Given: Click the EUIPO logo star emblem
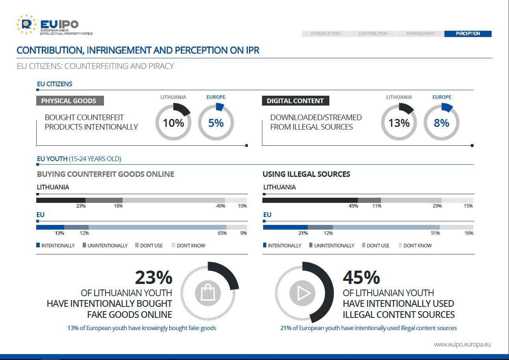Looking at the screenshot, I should point(26,24).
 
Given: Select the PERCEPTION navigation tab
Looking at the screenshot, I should point(468,33).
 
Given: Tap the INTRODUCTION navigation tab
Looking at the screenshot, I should point(325,33).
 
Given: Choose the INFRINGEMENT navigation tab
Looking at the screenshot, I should point(420,33).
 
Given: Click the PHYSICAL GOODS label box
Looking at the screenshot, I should point(70,101).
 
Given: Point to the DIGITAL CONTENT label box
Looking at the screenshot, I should point(295,101).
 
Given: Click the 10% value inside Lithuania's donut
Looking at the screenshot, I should point(173,123).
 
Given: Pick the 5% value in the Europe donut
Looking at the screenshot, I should point(216,123).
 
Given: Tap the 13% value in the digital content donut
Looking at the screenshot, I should point(399,123).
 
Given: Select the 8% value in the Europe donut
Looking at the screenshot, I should point(441,123).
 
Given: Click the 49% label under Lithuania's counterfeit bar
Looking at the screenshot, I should point(221,206).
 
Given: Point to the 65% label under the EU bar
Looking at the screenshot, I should point(222,233).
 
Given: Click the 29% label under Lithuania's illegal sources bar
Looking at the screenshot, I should point(437,206).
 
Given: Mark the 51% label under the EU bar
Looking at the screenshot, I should point(435,233).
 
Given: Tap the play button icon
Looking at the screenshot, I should point(303,293).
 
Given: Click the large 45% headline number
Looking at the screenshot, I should point(361,278).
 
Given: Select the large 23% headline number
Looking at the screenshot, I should point(154,278).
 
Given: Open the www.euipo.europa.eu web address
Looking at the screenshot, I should point(463,345).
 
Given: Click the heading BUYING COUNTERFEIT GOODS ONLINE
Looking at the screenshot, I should point(106,174).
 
